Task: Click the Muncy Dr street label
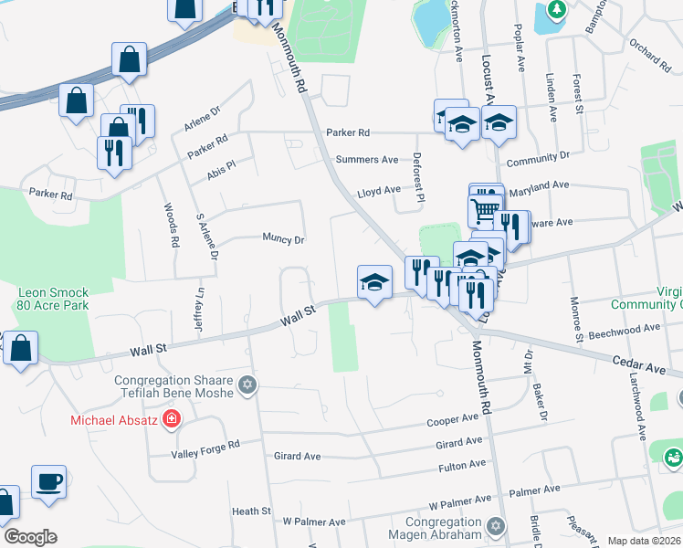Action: pos(283,239)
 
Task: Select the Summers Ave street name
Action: pos(367,160)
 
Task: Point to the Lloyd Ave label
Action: pos(378,191)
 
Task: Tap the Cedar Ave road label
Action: pos(639,363)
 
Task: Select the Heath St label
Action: pos(251,511)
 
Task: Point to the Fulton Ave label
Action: pos(462,466)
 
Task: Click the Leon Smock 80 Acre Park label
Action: pos(53,299)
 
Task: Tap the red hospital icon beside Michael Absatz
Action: pos(171,420)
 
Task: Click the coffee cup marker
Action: pos(49,481)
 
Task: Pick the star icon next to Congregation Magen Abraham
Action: pos(496,527)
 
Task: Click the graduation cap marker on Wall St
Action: pos(374,282)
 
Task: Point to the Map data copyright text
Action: pos(645,541)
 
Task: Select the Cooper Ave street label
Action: pos(454,420)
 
